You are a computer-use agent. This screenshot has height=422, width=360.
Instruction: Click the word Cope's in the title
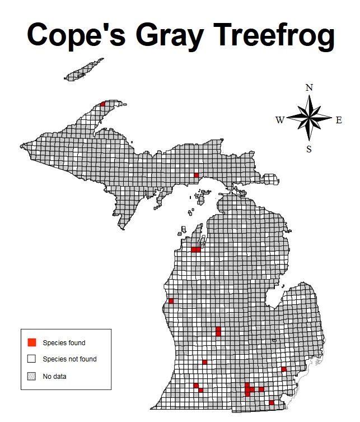[73, 35]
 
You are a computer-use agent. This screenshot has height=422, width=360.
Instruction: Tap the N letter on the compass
[309, 88]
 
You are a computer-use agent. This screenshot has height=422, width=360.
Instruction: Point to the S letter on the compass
[309, 149]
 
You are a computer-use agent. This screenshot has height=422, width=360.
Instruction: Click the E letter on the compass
[339, 119]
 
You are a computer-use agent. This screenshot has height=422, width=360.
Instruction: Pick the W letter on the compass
[280, 119]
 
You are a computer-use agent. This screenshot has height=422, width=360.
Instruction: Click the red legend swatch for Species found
[32, 342]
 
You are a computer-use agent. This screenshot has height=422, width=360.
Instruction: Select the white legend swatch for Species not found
[32, 359]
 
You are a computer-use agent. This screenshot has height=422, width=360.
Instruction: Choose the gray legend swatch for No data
[32, 376]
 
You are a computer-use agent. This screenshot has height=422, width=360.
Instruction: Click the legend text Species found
[64, 342]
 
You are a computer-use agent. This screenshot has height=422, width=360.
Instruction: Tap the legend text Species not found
[69, 359]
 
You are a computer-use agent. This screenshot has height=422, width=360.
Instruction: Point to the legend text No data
[54, 376]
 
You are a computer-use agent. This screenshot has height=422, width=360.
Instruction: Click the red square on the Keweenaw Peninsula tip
[102, 104]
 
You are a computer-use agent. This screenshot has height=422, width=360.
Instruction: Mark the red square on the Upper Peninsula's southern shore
[196, 175]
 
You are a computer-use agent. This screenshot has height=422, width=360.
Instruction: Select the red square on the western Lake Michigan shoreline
[171, 301]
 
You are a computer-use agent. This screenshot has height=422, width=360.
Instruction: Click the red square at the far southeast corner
[272, 402]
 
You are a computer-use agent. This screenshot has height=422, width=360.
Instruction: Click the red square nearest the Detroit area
[284, 369]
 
